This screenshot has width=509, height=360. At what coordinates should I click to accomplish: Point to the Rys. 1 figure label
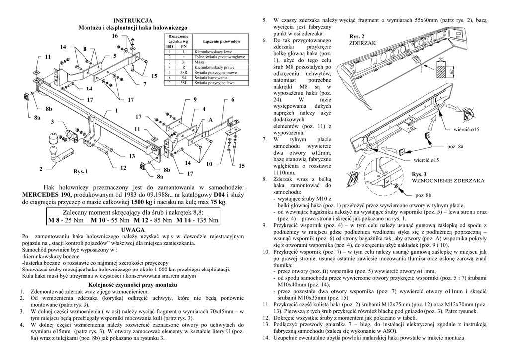tap(81, 172)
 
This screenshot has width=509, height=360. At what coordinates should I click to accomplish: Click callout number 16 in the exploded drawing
tap(115, 36)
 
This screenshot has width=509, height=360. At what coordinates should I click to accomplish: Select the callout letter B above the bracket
tap(85, 49)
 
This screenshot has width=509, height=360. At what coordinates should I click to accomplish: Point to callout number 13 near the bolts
tap(132, 156)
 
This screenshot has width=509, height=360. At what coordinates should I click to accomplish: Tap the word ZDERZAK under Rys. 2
tap(362, 44)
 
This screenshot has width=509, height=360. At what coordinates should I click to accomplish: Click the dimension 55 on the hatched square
tap(440, 59)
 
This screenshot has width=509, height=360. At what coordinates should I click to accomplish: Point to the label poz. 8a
tap(455, 147)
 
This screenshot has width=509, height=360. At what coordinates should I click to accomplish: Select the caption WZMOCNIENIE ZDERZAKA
tap(448, 181)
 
